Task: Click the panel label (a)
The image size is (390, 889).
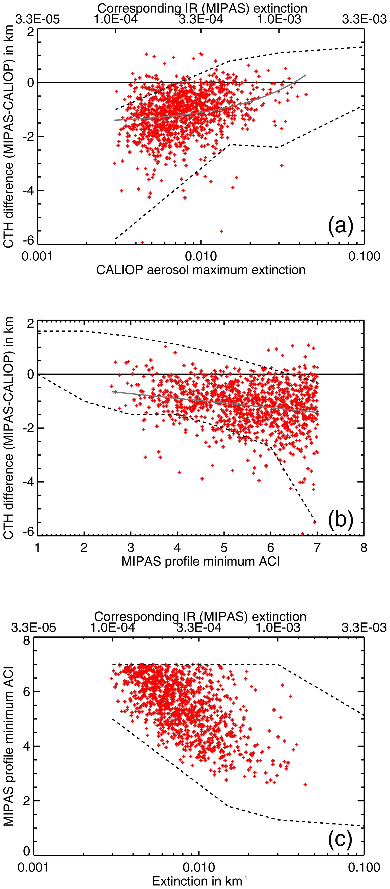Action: pos(340,226)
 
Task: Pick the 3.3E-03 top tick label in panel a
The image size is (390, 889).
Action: pos(365,19)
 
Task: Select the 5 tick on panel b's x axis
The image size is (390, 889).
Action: pos(224,548)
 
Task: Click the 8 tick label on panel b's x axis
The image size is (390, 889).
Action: pos(363,548)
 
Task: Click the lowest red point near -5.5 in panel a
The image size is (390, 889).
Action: pos(221,231)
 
